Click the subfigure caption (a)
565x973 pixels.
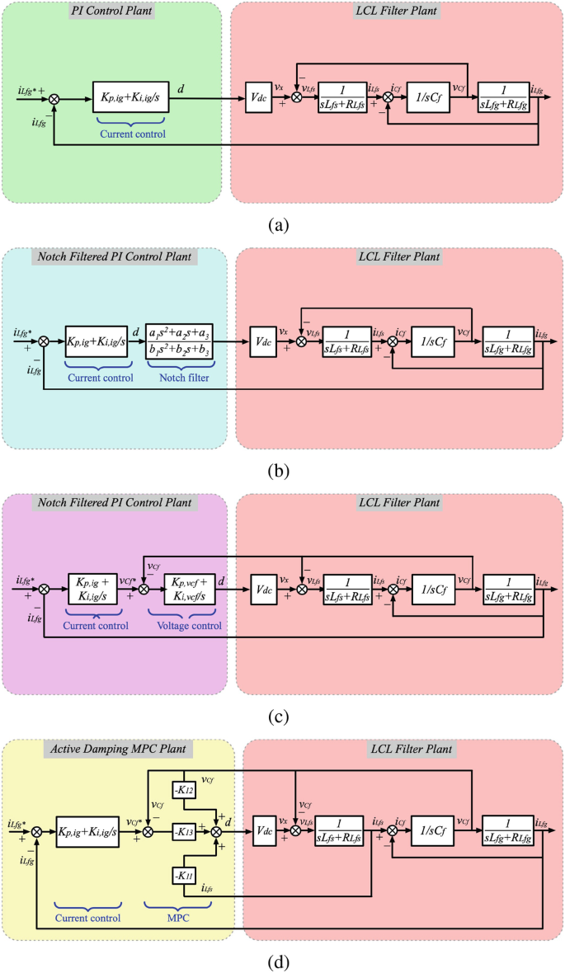(281, 225)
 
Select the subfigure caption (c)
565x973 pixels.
(281, 717)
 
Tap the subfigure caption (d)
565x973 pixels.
(281, 961)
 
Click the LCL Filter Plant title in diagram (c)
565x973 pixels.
(399, 502)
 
